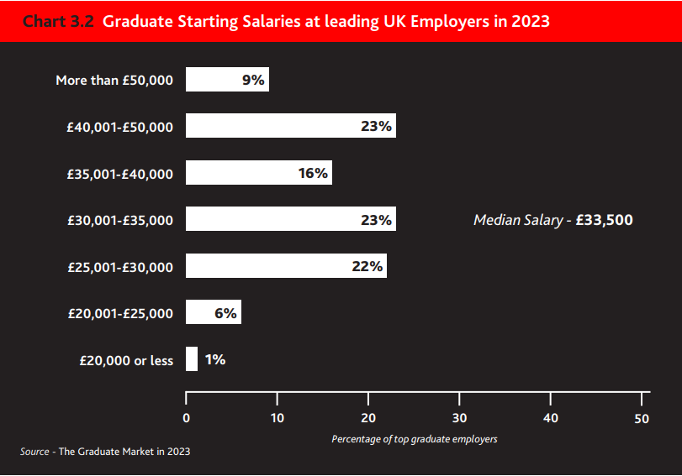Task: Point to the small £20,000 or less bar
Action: click(192, 359)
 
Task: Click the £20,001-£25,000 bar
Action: click(202, 312)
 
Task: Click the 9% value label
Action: click(252, 80)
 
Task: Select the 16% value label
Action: click(312, 173)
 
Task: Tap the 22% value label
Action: click(367, 266)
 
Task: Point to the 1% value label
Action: click(214, 359)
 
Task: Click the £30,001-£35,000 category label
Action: click(120, 220)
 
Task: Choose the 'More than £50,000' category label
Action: click(114, 81)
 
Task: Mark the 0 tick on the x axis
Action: click(186, 417)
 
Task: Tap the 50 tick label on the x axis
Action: click(642, 417)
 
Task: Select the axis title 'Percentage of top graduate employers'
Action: click(415, 439)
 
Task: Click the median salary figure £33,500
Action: click(605, 220)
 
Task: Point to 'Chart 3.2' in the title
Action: click(57, 21)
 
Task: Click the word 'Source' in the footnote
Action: click(34, 452)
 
